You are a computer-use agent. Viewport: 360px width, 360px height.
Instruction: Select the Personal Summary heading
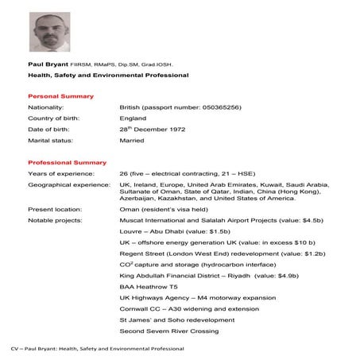(x=56, y=95)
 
